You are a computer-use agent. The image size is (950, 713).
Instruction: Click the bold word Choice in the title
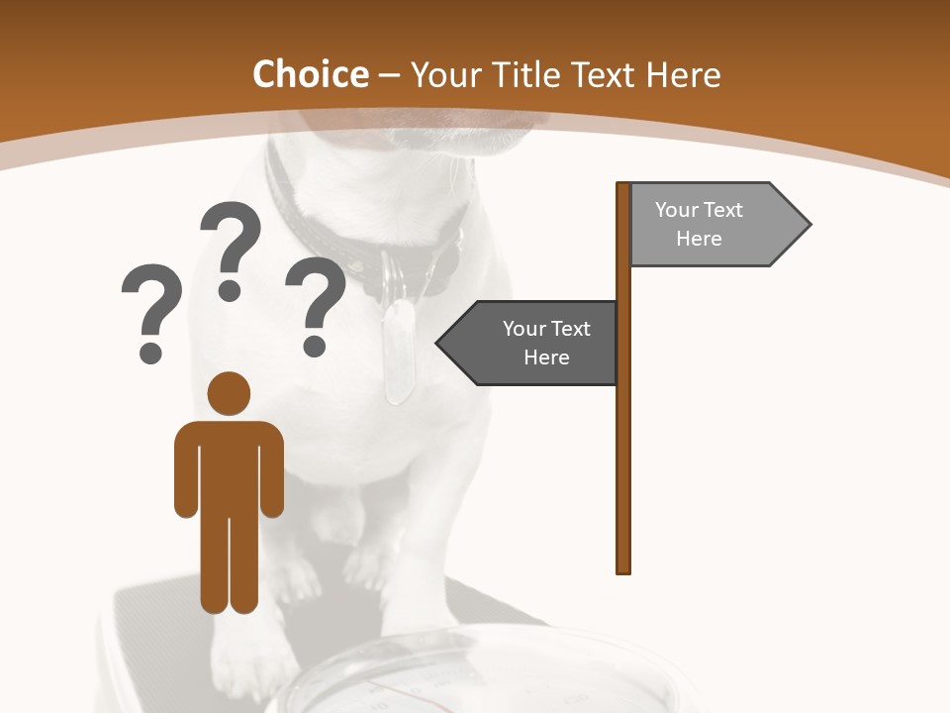(310, 75)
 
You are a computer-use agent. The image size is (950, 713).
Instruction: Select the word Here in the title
(683, 75)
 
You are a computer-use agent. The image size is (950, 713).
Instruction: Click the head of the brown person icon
(229, 393)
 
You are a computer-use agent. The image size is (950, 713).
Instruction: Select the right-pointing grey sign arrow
(712, 225)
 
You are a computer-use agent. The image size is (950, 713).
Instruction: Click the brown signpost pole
(623, 446)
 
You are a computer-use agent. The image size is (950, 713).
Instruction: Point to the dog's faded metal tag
(398, 352)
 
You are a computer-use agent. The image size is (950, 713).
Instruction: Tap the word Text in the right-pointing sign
(723, 210)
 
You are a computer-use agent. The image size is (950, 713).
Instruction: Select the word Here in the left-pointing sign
(546, 357)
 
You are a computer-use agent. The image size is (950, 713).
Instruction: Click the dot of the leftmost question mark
(150, 351)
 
